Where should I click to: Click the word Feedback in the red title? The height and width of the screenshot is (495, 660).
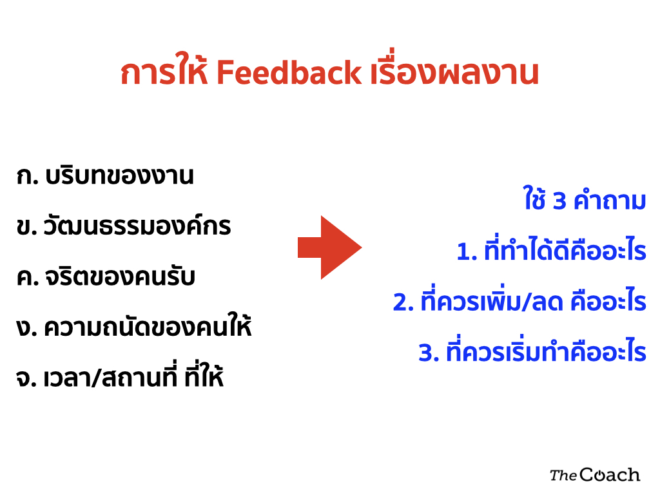pyautogui.click(x=289, y=72)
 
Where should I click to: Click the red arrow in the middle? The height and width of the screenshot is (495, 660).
pyautogui.click(x=329, y=247)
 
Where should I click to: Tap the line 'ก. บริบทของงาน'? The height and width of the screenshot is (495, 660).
pyautogui.click(x=105, y=176)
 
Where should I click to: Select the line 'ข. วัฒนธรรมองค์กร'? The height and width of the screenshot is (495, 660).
pyautogui.click(x=123, y=226)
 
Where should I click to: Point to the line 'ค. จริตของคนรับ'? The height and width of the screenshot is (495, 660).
pyautogui.click(x=106, y=277)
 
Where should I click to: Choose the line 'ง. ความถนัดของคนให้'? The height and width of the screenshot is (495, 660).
pyautogui.click(x=134, y=325)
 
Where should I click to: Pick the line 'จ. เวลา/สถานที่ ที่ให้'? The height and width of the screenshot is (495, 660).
pyautogui.click(x=119, y=376)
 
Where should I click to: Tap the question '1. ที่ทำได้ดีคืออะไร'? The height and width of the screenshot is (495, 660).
pyautogui.click(x=552, y=250)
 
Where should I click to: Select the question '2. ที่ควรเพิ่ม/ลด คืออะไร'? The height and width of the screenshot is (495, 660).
pyautogui.click(x=519, y=300)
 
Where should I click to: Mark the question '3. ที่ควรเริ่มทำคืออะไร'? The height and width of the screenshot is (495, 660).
pyautogui.click(x=532, y=351)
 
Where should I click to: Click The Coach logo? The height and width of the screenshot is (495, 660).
pyautogui.click(x=595, y=475)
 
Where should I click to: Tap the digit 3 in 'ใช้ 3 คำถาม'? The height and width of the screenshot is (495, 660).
pyautogui.click(x=559, y=201)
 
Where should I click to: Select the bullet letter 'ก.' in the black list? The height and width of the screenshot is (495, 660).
pyautogui.click(x=27, y=177)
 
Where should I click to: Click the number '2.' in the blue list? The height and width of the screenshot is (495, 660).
pyautogui.click(x=403, y=302)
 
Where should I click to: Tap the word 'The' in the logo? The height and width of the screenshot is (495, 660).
pyautogui.click(x=563, y=476)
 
